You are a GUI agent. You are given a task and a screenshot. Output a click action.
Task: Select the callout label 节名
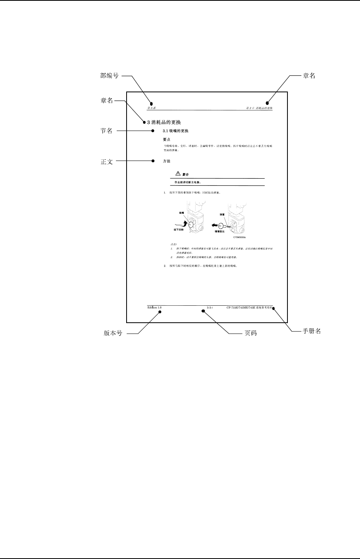coord(107,131)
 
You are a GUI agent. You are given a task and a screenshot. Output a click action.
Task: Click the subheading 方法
coord(166,161)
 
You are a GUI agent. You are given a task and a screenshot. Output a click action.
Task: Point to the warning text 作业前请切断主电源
coord(188,182)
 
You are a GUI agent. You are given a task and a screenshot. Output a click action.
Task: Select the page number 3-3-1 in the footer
coord(210,307)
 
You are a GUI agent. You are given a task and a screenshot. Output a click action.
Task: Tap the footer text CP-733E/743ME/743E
coord(241,307)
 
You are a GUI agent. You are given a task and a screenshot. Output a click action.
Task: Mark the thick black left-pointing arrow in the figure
coord(213,225)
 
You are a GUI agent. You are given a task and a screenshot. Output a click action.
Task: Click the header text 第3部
coord(151,108)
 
